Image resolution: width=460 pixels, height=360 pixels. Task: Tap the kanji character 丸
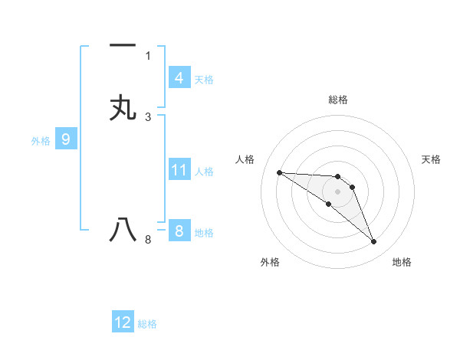(x=123, y=107)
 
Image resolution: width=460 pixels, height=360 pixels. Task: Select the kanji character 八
(x=123, y=229)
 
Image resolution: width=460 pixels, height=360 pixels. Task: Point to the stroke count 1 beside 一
(x=148, y=55)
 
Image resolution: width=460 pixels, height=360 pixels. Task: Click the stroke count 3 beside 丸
(x=148, y=116)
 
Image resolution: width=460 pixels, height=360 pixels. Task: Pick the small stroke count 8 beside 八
(x=148, y=240)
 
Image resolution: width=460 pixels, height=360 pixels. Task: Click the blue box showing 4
(x=179, y=77)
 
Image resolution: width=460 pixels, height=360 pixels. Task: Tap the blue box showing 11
(x=179, y=170)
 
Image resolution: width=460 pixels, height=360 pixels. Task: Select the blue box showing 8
(x=179, y=231)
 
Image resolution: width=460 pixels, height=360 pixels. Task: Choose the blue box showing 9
(x=66, y=139)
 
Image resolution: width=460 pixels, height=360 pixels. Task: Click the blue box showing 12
(x=123, y=322)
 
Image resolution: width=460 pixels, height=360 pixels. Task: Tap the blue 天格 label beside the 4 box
(x=204, y=79)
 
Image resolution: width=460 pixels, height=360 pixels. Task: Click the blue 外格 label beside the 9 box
(x=41, y=141)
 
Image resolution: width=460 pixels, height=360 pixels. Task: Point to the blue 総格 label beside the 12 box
(x=147, y=324)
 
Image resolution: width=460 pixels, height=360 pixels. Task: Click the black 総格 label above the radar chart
(x=337, y=100)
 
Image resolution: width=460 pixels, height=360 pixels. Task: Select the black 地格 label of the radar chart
(x=402, y=262)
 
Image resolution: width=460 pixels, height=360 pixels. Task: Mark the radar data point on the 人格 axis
(x=280, y=172)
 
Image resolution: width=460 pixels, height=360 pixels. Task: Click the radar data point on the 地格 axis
(x=374, y=242)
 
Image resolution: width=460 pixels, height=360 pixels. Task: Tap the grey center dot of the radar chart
(x=337, y=191)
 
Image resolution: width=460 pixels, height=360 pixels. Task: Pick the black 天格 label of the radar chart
(x=431, y=159)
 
